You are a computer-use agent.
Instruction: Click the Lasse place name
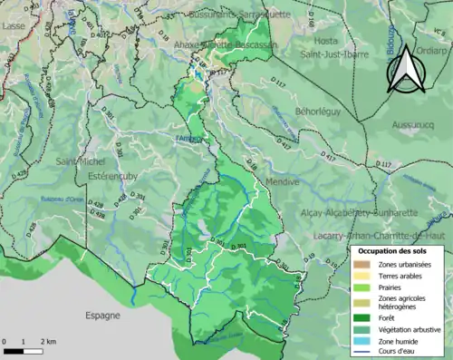point(14,27)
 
